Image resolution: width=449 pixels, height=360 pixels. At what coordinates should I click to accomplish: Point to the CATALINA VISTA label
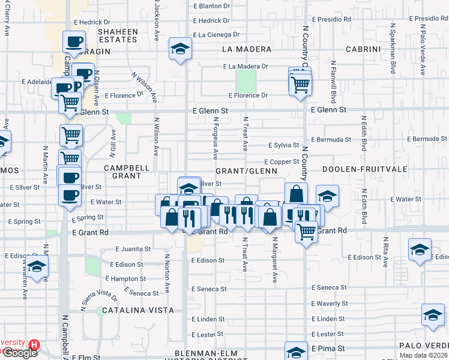(x=137, y=310)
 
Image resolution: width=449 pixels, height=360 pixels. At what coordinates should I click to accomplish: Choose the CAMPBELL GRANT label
(x=122, y=172)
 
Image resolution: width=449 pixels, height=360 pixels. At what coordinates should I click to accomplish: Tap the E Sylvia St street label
(x=283, y=145)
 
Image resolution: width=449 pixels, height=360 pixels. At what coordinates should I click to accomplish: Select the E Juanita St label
(x=127, y=249)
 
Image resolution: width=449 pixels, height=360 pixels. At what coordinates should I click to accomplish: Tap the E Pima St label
(x=328, y=348)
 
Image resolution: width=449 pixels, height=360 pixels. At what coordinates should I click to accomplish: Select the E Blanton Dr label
(x=212, y=5)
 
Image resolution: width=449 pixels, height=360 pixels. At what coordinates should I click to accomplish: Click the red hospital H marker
(x=34, y=345)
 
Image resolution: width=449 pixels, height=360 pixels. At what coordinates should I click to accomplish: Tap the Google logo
(x=19, y=353)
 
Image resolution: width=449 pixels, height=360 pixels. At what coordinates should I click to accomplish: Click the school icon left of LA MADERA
(x=179, y=50)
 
